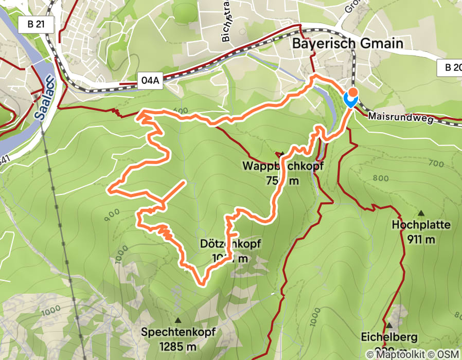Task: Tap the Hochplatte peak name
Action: pos(421,225)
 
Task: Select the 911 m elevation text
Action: pos(421,239)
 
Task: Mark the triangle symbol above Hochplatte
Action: pos(421,213)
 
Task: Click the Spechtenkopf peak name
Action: pos(177,332)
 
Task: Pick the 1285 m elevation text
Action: pos(177,346)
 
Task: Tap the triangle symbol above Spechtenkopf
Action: pos(177,320)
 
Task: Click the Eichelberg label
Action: pos(390,338)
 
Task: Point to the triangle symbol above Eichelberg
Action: pos(390,326)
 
